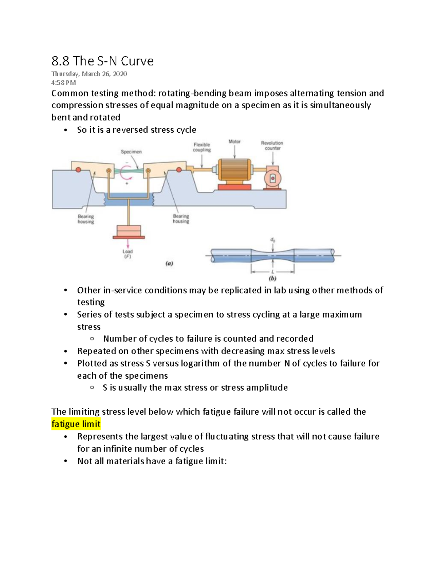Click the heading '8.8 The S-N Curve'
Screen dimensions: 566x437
pos(102,61)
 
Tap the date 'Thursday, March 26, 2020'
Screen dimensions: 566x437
pos(89,74)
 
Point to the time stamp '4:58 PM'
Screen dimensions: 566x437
pos(63,83)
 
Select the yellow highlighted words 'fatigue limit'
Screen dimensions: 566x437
pos(76,424)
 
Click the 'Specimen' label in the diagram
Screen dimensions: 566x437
pos(131,152)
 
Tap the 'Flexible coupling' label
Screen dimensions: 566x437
pos(202,147)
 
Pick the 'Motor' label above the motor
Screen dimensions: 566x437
pos(235,141)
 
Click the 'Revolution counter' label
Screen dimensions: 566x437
pos(272,145)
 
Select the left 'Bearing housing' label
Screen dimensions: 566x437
pos(86,219)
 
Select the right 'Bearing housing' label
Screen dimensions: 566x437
pos(181,219)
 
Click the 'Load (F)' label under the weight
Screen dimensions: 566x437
pos(127,254)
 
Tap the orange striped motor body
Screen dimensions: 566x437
pos(234,170)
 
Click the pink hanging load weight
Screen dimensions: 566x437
pos(129,231)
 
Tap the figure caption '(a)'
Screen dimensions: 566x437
pos(169,263)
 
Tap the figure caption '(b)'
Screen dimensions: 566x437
pos(272,278)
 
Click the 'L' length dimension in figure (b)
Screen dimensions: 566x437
pos(272,272)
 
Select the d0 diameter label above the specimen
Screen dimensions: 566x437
pos(272,240)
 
